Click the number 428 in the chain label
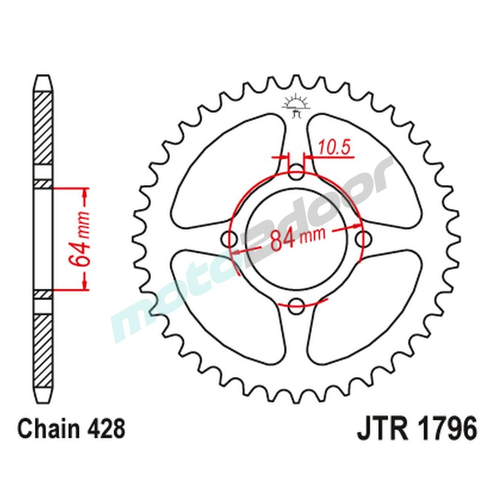click(x=105, y=428)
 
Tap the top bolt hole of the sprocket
click(x=297, y=174)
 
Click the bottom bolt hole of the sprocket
click(x=297, y=305)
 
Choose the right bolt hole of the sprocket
click(x=362, y=239)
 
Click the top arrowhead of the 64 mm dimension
click(x=85, y=194)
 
